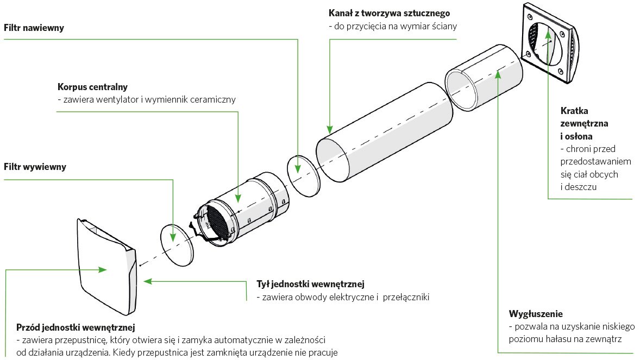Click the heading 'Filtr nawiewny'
[x=34, y=28]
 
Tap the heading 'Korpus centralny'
[x=92, y=87]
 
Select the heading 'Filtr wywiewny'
[x=35, y=167]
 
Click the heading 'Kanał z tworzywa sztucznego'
[x=389, y=12]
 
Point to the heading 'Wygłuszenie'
[x=535, y=314]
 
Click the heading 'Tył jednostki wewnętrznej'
[x=310, y=284]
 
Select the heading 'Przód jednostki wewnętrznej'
[x=76, y=327]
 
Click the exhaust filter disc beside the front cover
[x=177, y=245]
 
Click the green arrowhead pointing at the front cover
[x=103, y=269]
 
